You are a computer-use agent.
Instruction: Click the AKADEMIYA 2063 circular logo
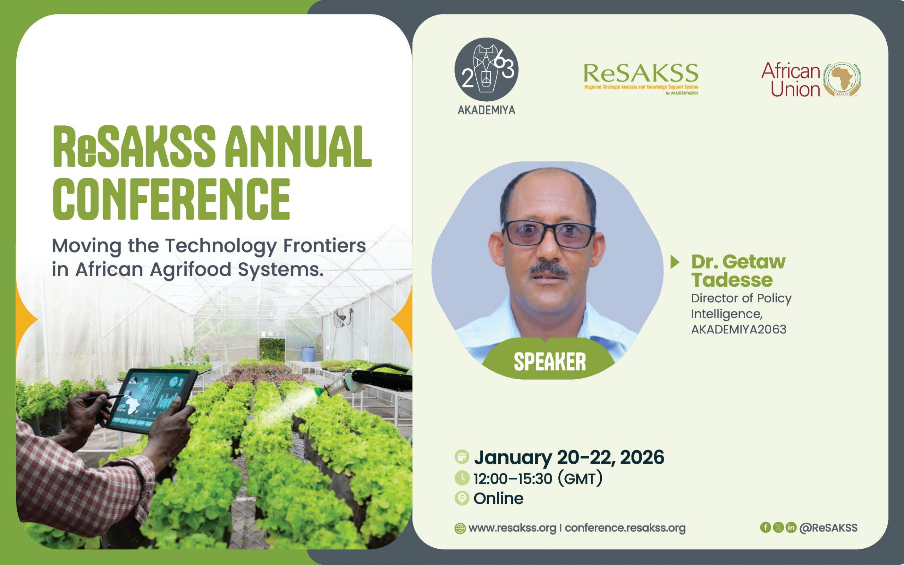[486, 70]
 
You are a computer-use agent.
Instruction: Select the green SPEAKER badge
[549, 361]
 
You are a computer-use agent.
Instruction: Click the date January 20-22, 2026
[569, 457]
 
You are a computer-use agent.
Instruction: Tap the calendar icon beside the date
[462, 457]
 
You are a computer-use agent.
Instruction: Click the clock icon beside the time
[462, 478]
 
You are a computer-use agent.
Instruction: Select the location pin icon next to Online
[462, 499]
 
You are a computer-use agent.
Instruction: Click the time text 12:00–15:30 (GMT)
[538, 479]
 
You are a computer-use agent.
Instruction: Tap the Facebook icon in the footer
[766, 527]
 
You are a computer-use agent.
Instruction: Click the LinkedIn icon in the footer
[791, 527]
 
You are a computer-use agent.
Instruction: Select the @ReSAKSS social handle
[828, 528]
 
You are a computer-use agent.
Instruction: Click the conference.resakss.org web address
[625, 528]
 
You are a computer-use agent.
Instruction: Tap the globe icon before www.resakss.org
[460, 528]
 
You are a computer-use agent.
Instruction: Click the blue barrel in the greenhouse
[307, 353]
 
